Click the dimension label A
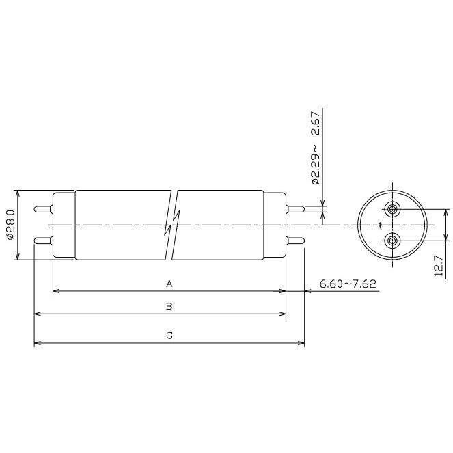click(169, 284)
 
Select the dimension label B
click(169, 306)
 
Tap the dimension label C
click(169, 335)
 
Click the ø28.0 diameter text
click(10, 225)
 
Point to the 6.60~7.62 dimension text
click(348, 284)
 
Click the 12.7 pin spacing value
click(439, 266)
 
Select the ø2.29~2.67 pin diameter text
click(316, 148)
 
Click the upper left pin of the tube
click(44, 209)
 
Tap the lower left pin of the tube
click(44, 241)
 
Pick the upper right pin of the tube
click(295, 209)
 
